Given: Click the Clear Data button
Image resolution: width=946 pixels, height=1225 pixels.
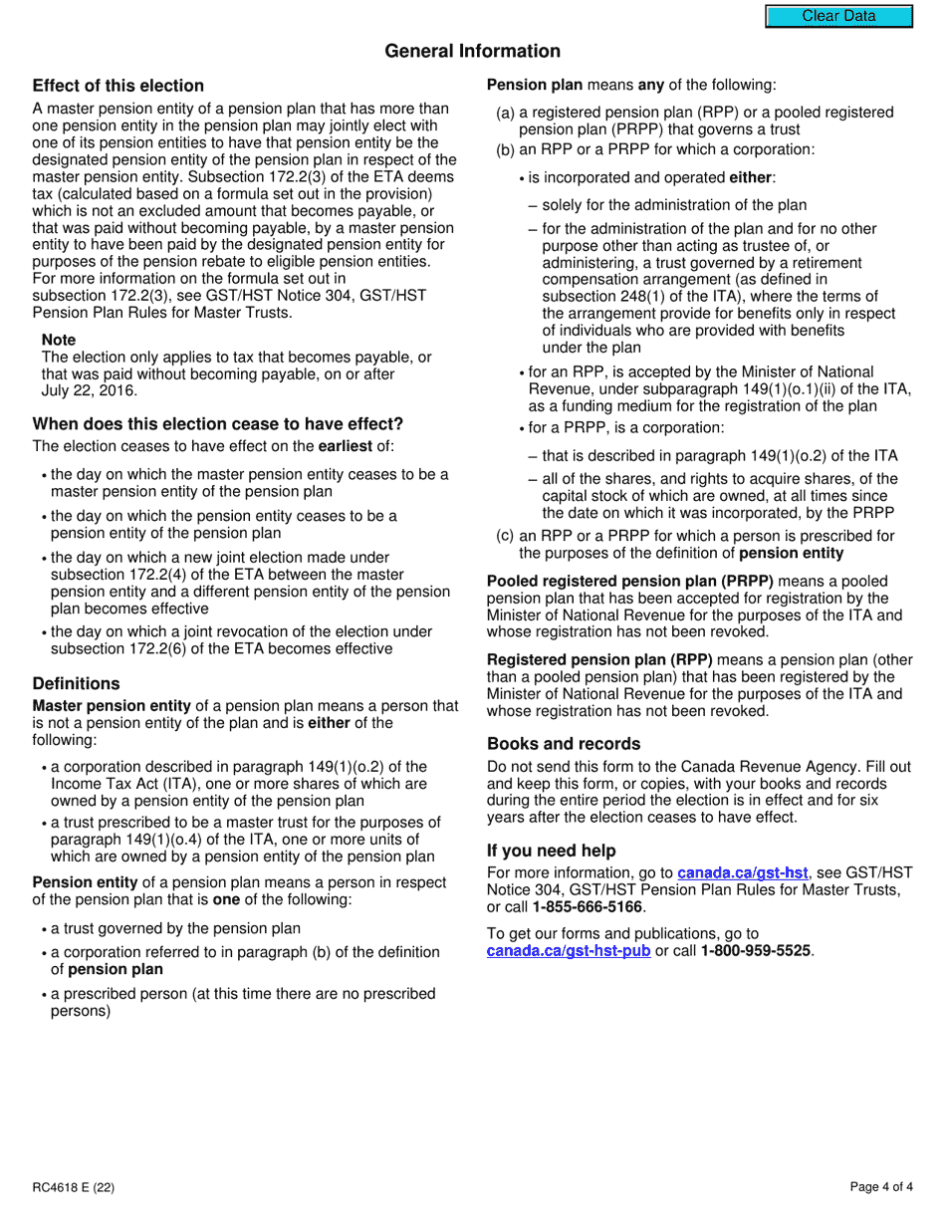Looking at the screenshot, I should pyautogui.click(x=838, y=16).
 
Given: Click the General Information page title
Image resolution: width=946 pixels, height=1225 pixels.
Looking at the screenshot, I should pyautogui.click(x=472, y=51).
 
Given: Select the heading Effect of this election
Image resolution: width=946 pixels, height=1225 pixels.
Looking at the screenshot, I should pyautogui.click(x=118, y=86).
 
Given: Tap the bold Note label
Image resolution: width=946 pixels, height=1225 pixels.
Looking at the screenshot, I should pyautogui.click(x=59, y=340).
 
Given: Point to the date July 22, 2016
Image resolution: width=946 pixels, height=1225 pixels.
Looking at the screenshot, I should pyautogui.click(x=90, y=391).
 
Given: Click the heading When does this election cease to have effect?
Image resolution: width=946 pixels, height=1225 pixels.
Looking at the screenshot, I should pyautogui.click(x=217, y=423).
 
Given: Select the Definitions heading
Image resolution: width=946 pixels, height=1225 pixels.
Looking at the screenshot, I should pyautogui.click(x=76, y=683).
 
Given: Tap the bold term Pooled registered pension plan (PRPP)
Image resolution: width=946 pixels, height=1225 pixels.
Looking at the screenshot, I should pyautogui.click(x=629, y=582).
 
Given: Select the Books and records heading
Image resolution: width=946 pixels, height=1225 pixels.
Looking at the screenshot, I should pyautogui.click(x=564, y=744).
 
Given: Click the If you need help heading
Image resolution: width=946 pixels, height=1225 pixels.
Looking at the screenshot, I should pyautogui.click(x=551, y=851).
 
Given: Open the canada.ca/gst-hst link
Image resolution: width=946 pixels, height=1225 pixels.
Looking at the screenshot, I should pyautogui.click(x=742, y=873).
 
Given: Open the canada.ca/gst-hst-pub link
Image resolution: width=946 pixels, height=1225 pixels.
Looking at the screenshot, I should pyautogui.click(x=569, y=951).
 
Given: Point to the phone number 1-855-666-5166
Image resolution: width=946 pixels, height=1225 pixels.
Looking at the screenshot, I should pyautogui.click(x=587, y=907).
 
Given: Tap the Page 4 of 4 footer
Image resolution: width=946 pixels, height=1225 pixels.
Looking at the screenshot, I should pyautogui.click(x=881, y=1186).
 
